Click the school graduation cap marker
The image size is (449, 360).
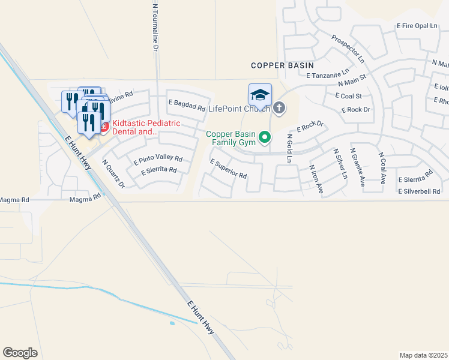point(260,95)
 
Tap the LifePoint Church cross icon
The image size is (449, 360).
point(279,108)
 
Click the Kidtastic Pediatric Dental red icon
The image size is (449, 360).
point(103,127)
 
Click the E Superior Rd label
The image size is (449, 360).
point(229,169)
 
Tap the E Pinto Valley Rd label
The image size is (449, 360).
point(158,160)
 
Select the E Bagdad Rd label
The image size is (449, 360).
point(187,106)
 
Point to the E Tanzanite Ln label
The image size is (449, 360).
point(328,75)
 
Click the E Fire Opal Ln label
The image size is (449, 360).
point(418,26)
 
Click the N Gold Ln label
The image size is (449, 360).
point(289,148)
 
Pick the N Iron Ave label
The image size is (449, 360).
point(316,179)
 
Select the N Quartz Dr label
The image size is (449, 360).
point(113,173)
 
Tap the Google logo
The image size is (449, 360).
point(20,353)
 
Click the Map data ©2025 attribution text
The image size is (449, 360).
point(423,355)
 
